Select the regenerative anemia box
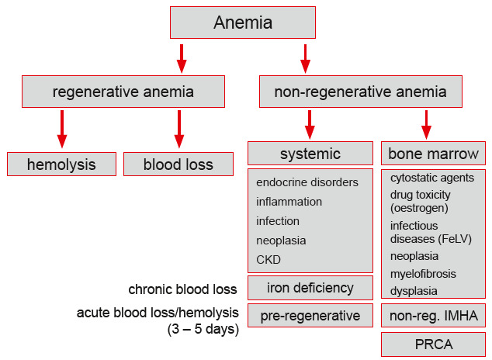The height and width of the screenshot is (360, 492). click(x=123, y=92)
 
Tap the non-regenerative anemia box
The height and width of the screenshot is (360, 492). click(x=360, y=92)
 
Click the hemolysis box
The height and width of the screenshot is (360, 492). click(x=61, y=164)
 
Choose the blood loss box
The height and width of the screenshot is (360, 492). click(x=178, y=164)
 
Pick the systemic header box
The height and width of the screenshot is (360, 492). click(x=310, y=152)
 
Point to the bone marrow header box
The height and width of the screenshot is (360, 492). click(x=433, y=152)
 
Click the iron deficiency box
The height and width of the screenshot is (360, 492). click(x=310, y=288)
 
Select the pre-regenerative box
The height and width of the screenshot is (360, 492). click(x=310, y=316)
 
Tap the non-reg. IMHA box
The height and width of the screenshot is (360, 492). click(x=433, y=316)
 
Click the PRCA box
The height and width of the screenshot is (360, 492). click(x=433, y=344)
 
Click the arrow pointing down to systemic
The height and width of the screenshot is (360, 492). click(x=310, y=125)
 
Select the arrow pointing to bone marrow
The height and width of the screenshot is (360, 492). click(x=426, y=125)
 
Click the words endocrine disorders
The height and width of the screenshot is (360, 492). click(x=307, y=182)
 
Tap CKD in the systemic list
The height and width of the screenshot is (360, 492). click(x=269, y=259)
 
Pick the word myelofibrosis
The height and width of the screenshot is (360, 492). click(x=423, y=274)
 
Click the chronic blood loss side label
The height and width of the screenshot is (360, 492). click(x=182, y=289)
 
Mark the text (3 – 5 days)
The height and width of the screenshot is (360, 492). click(x=201, y=328)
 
